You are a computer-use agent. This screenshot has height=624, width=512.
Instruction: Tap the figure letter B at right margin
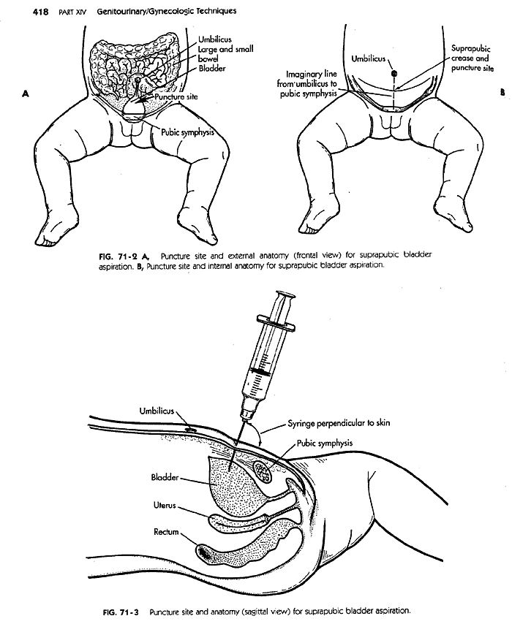(503, 94)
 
